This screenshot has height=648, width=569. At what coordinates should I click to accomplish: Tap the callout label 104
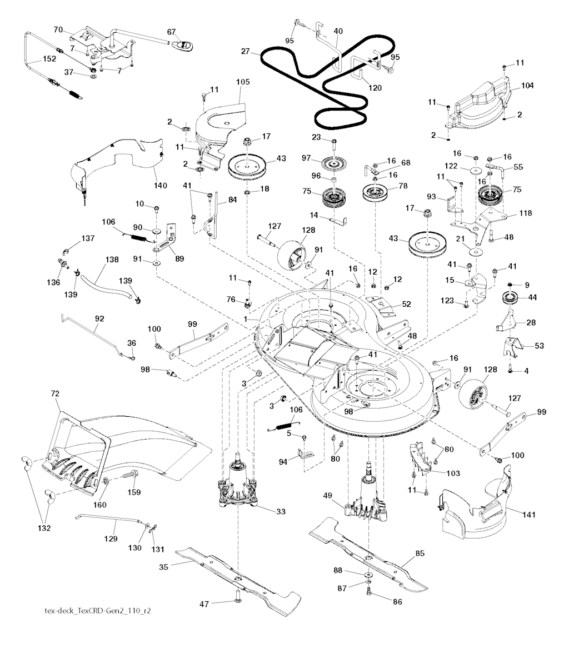pos(527,86)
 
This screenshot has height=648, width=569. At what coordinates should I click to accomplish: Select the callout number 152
pos(49,59)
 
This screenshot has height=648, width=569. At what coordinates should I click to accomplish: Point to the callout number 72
pos(55,393)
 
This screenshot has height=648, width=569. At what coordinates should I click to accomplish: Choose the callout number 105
pos(243,82)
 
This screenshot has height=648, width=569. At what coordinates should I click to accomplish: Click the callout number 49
pos(328,496)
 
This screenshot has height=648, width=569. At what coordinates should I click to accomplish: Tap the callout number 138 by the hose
pos(112,259)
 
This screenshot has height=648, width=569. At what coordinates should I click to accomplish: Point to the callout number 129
pos(111,539)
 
